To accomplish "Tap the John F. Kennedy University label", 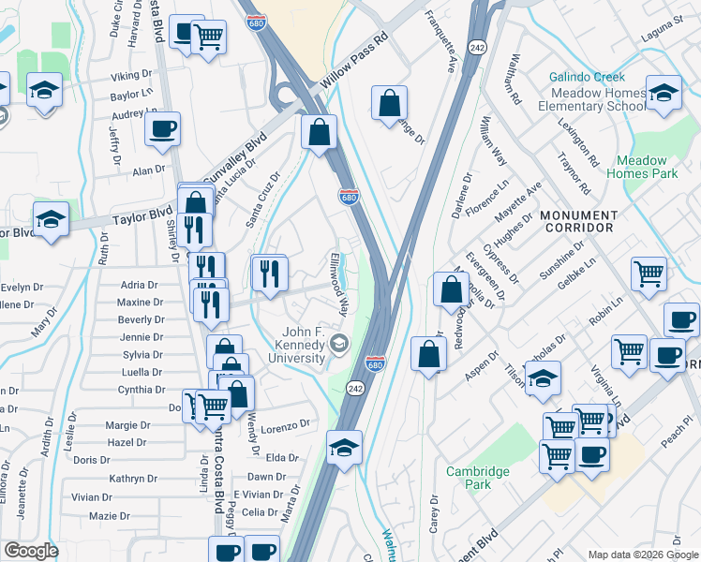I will pos(306,348).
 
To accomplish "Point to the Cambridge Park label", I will pos(468,478).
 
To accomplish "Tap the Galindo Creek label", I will pos(587,78).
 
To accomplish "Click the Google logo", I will pos(31,551).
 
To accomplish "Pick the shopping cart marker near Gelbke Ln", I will pos(648,274).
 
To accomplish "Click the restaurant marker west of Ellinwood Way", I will pos(269,274).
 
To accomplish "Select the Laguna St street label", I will pos(663,20).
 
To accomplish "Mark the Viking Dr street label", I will pos(130,75).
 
